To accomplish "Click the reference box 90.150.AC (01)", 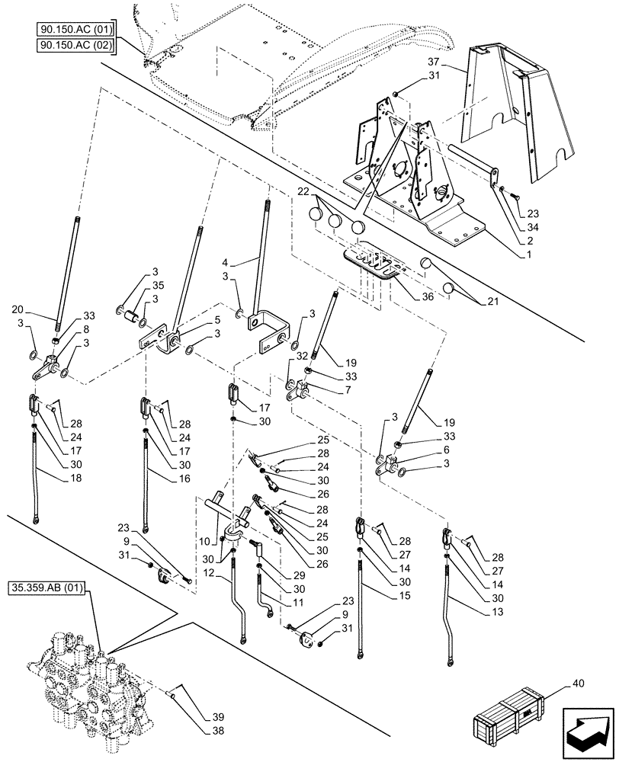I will point(74,30).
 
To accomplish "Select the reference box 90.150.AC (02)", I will point(74,46).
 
